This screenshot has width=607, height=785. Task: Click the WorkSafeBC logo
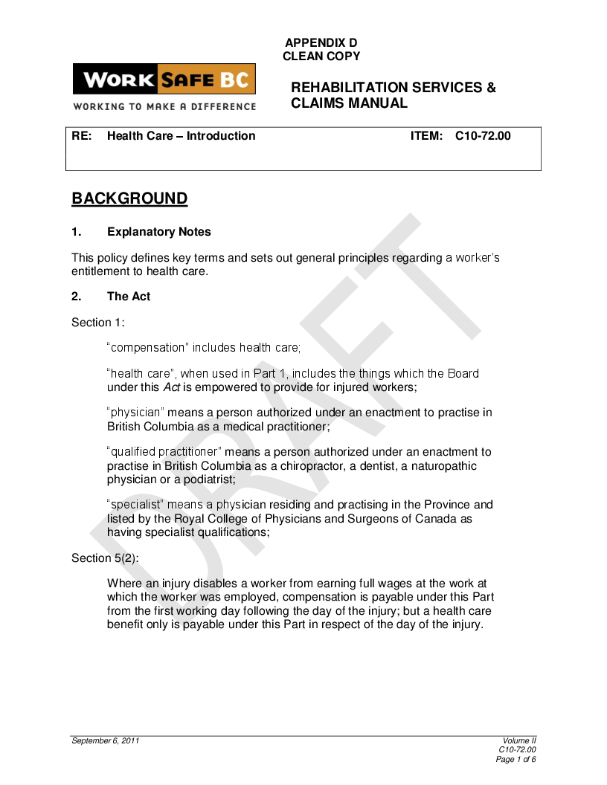click(x=164, y=80)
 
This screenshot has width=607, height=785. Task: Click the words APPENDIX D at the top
click(x=321, y=43)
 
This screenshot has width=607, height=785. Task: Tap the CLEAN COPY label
click(x=321, y=56)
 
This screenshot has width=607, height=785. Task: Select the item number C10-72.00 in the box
click(x=483, y=136)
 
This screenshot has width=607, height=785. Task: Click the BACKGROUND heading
click(x=129, y=198)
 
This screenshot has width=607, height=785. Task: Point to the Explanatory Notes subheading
click(x=159, y=232)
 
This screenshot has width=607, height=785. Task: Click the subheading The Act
click(x=129, y=297)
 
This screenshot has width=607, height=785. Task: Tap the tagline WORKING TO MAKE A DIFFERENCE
click(x=164, y=106)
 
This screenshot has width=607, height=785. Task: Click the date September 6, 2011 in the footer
click(x=105, y=741)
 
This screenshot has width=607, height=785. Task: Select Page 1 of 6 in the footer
click(x=516, y=759)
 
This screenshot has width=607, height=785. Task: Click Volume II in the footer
click(x=519, y=741)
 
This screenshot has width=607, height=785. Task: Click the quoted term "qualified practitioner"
click(x=164, y=452)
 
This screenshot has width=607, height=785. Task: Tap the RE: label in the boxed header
click(x=81, y=136)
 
